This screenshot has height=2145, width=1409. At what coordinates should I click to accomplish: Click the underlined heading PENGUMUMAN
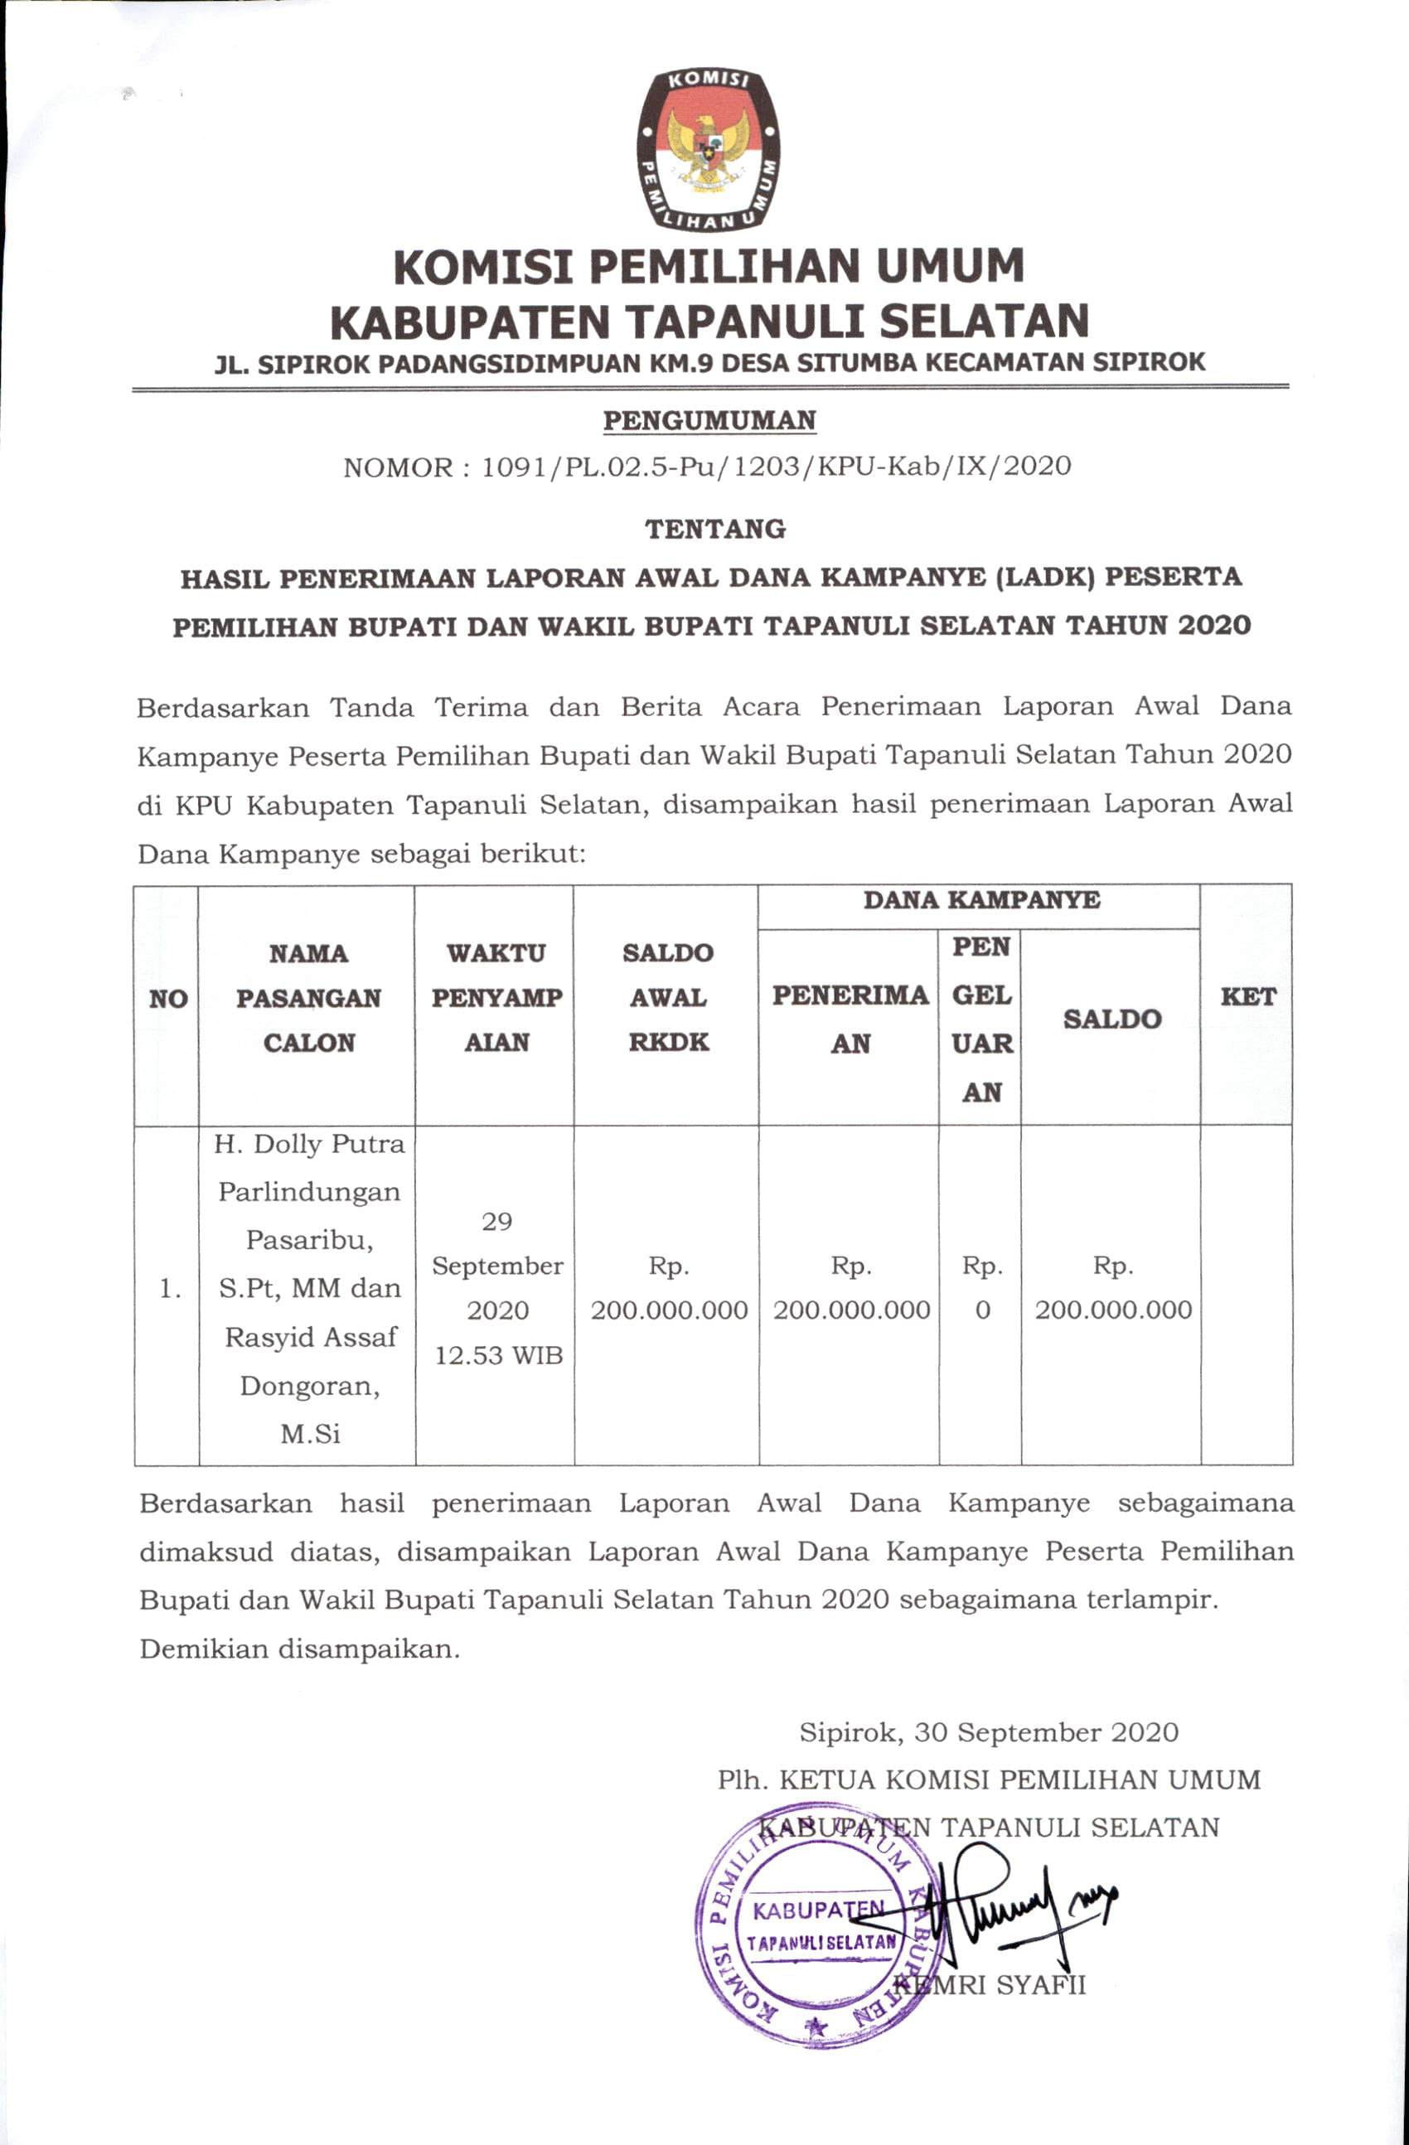tap(709, 421)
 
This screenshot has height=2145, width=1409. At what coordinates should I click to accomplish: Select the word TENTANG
tap(715, 529)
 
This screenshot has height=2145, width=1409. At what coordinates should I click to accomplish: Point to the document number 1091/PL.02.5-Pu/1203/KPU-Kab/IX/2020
tap(776, 467)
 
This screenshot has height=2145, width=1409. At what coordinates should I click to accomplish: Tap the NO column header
tap(167, 999)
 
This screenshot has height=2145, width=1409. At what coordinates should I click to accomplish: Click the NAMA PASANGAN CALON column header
tap(308, 998)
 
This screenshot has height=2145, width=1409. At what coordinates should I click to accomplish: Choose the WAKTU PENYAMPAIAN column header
tap(496, 998)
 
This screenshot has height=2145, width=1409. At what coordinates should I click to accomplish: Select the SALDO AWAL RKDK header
tap(668, 998)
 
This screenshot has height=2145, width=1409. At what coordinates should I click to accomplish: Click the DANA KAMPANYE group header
tap(980, 900)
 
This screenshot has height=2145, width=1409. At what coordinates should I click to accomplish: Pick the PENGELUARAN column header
tap(981, 1019)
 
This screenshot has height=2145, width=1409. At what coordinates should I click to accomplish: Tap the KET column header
tap(1247, 997)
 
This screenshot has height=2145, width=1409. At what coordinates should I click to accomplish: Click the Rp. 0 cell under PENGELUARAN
tap(981, 1289)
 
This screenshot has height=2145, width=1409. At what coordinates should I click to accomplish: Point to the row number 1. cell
tap(169, 1290)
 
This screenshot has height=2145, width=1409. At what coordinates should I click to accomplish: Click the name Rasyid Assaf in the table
tap(310, 1337)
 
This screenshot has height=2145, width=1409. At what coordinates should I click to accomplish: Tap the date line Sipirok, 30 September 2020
tap(989, 1731)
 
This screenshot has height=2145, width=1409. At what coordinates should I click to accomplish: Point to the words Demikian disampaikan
tap(299, 1649)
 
